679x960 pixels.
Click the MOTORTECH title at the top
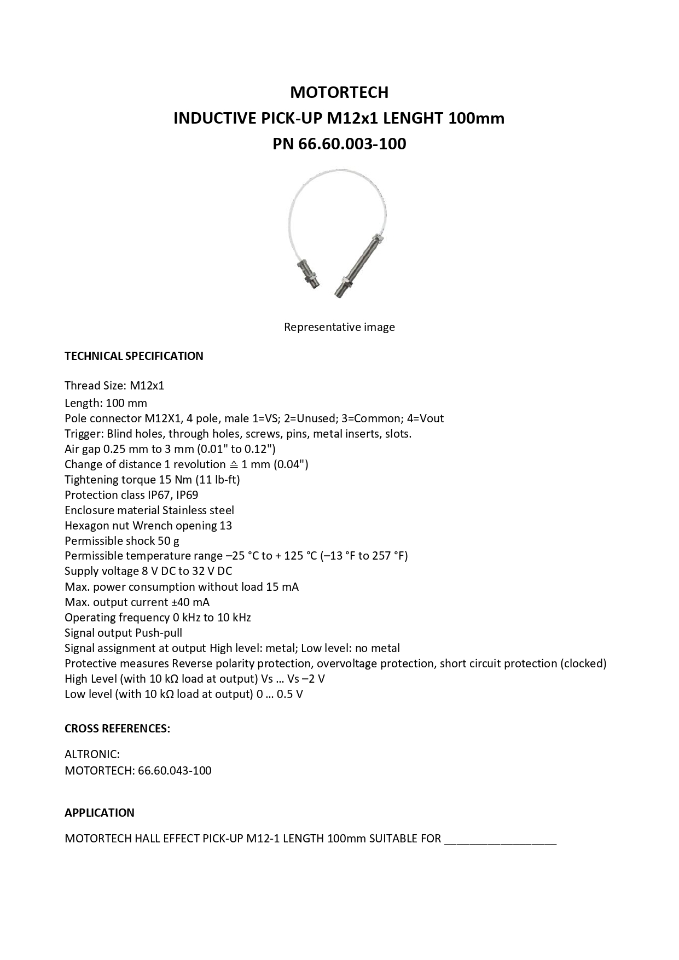[x=339, y=92]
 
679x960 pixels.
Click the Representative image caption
[x=339, y=327]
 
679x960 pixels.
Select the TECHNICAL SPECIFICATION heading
[x=134, y=356]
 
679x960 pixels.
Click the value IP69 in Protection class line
[x=187, y=495]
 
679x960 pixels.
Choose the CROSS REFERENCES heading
[x=117, y=729]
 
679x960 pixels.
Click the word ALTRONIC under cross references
[x=92, y=754]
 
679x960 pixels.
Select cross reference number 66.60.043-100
[x=175, y=771]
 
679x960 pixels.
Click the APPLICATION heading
[x=100, y=813]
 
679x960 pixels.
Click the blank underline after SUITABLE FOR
[x=500, y=840]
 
